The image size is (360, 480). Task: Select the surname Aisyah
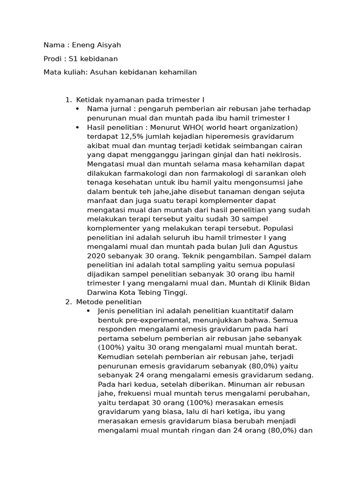(107, 45)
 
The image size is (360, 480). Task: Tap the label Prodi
(53, 59)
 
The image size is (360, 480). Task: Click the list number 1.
(68, 100)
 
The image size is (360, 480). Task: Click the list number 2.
(68, 302)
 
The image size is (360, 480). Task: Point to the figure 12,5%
(131, 136)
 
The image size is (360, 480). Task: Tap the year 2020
(96, 256)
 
